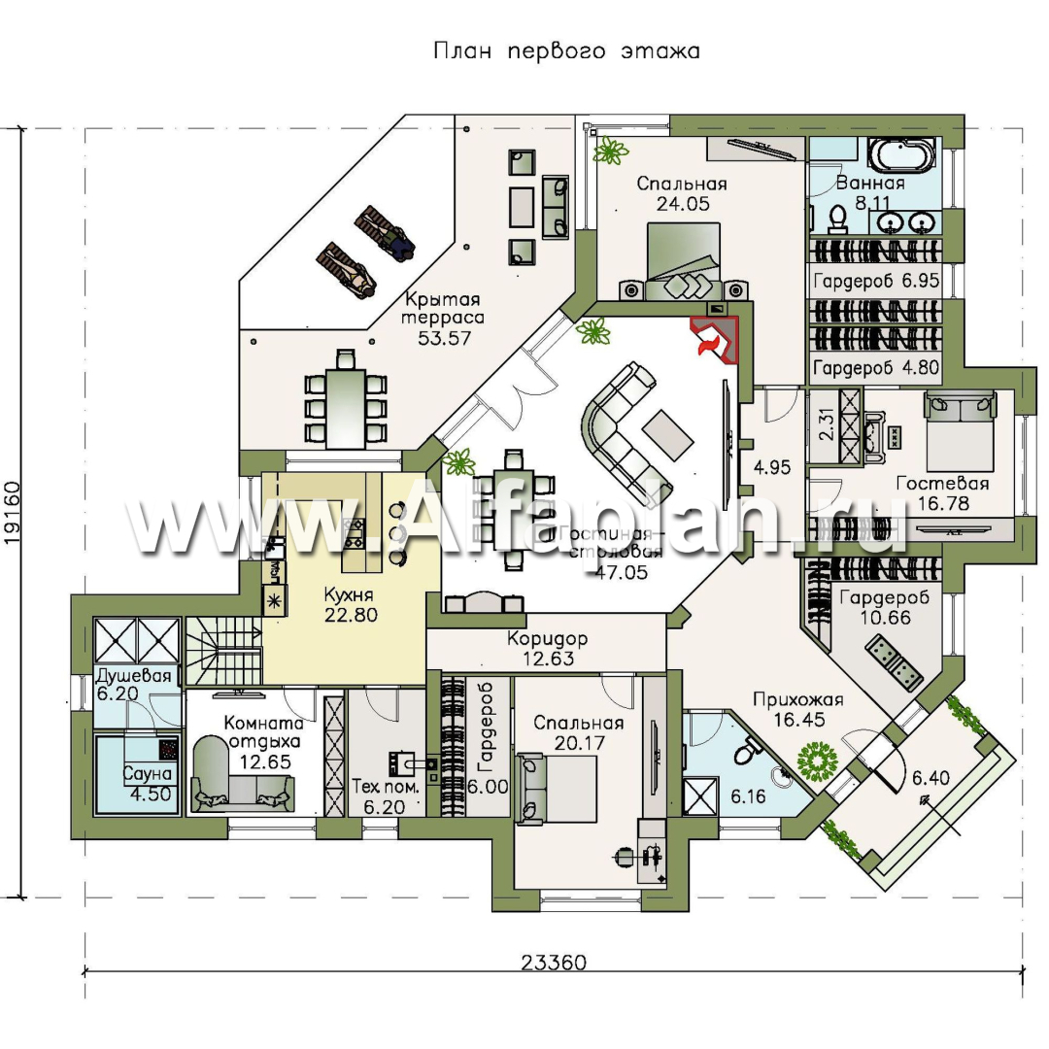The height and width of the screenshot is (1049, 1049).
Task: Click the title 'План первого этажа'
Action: pos(566,51)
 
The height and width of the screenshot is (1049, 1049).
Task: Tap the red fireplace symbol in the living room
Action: pos(714,337)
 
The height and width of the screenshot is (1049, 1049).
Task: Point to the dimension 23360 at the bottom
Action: pos(554,963)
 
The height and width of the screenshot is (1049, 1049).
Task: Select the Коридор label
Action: pos(546,639)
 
